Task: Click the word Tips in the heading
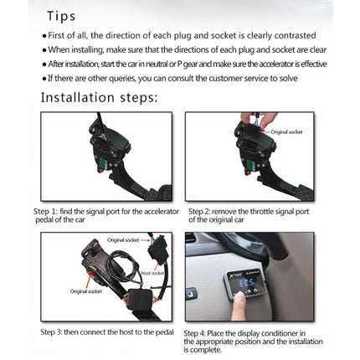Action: coord(60,16)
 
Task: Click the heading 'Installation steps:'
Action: coord(98,97)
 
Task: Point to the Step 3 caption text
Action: coord(106,332)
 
